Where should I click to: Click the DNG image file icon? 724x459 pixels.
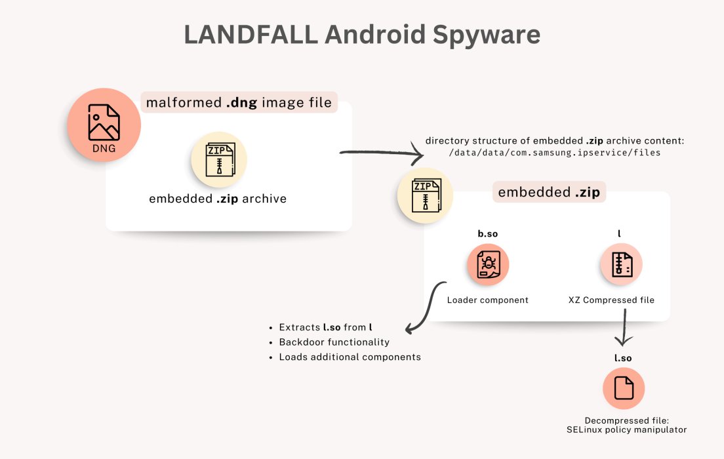(x=104, y=125)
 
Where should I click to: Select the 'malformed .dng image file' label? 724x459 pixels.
(x=239, y=102)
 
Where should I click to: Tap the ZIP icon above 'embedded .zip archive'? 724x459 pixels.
(x=218, y=159)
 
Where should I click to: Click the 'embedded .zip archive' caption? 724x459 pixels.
(x=218, y=199)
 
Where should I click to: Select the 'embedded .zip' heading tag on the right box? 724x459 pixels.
(x=548, y=193)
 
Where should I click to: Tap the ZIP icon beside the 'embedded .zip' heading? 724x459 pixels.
(x=425, y=196)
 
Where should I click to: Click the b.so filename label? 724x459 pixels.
(x=487, y=234)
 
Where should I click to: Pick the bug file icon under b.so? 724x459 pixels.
(x=488, y=265)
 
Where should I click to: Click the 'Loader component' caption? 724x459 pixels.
(x=487, y=300)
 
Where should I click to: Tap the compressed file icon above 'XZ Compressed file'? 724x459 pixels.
(x=621, y=265)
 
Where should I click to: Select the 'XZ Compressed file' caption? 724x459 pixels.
(x=611, y=300)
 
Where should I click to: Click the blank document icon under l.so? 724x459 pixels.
(x=624, y=389)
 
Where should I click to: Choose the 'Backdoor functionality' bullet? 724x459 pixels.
(x=334, y=342)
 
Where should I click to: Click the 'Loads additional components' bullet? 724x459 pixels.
(x=350, y=357)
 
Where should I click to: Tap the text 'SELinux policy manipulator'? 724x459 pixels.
(x=626, y=429)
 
